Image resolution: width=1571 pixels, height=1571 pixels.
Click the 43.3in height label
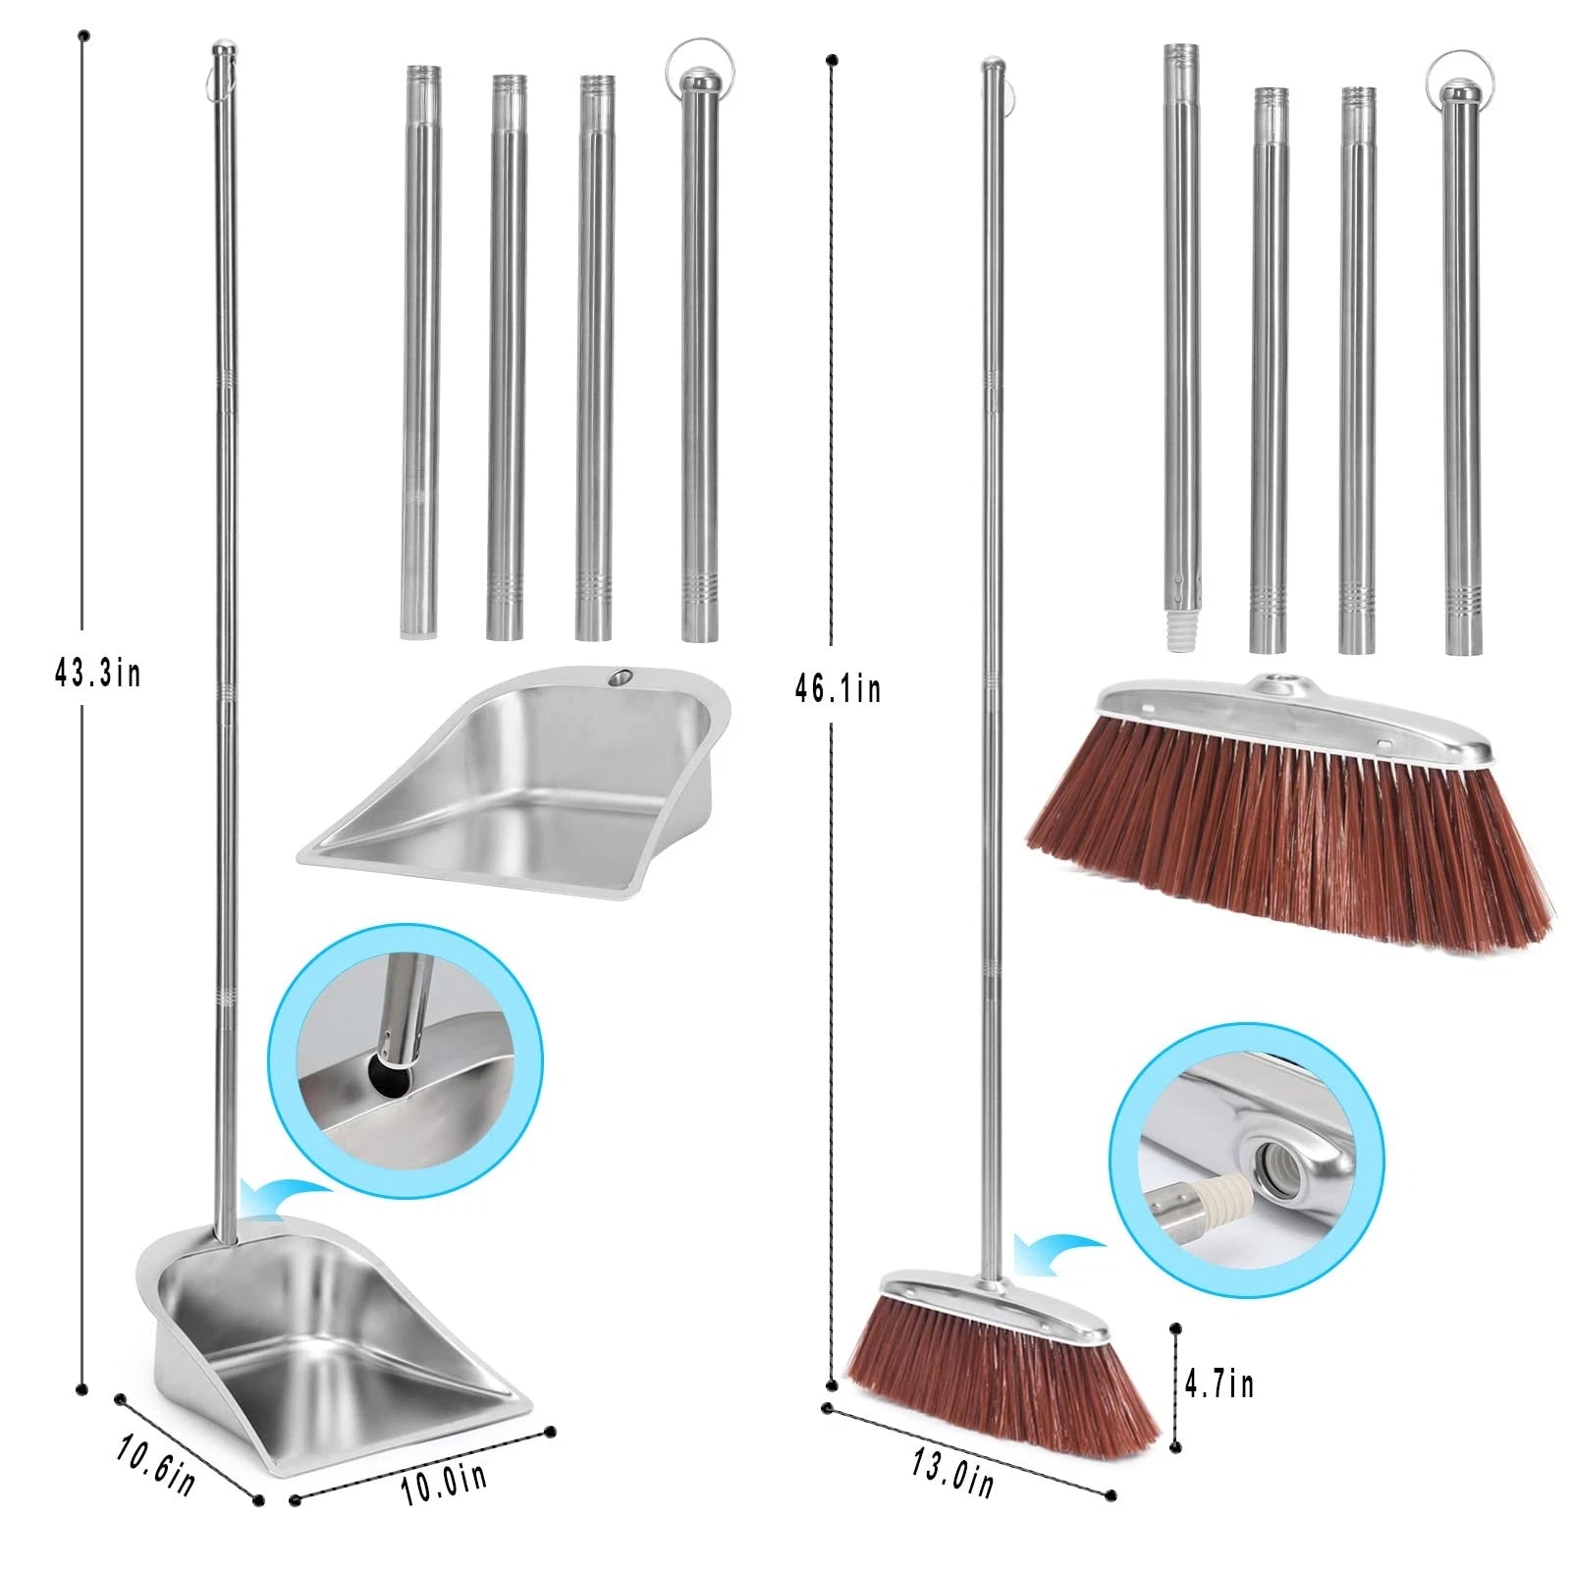(x=97, y=674)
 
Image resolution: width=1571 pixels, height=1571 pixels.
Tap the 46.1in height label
(x=838, y=688)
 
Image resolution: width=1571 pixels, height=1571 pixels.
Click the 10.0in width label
(x=444, y=1483)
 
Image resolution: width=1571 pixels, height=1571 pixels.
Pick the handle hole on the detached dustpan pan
(x=620, y=677)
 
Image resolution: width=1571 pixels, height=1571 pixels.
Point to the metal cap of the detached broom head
(x=1286, y=718)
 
